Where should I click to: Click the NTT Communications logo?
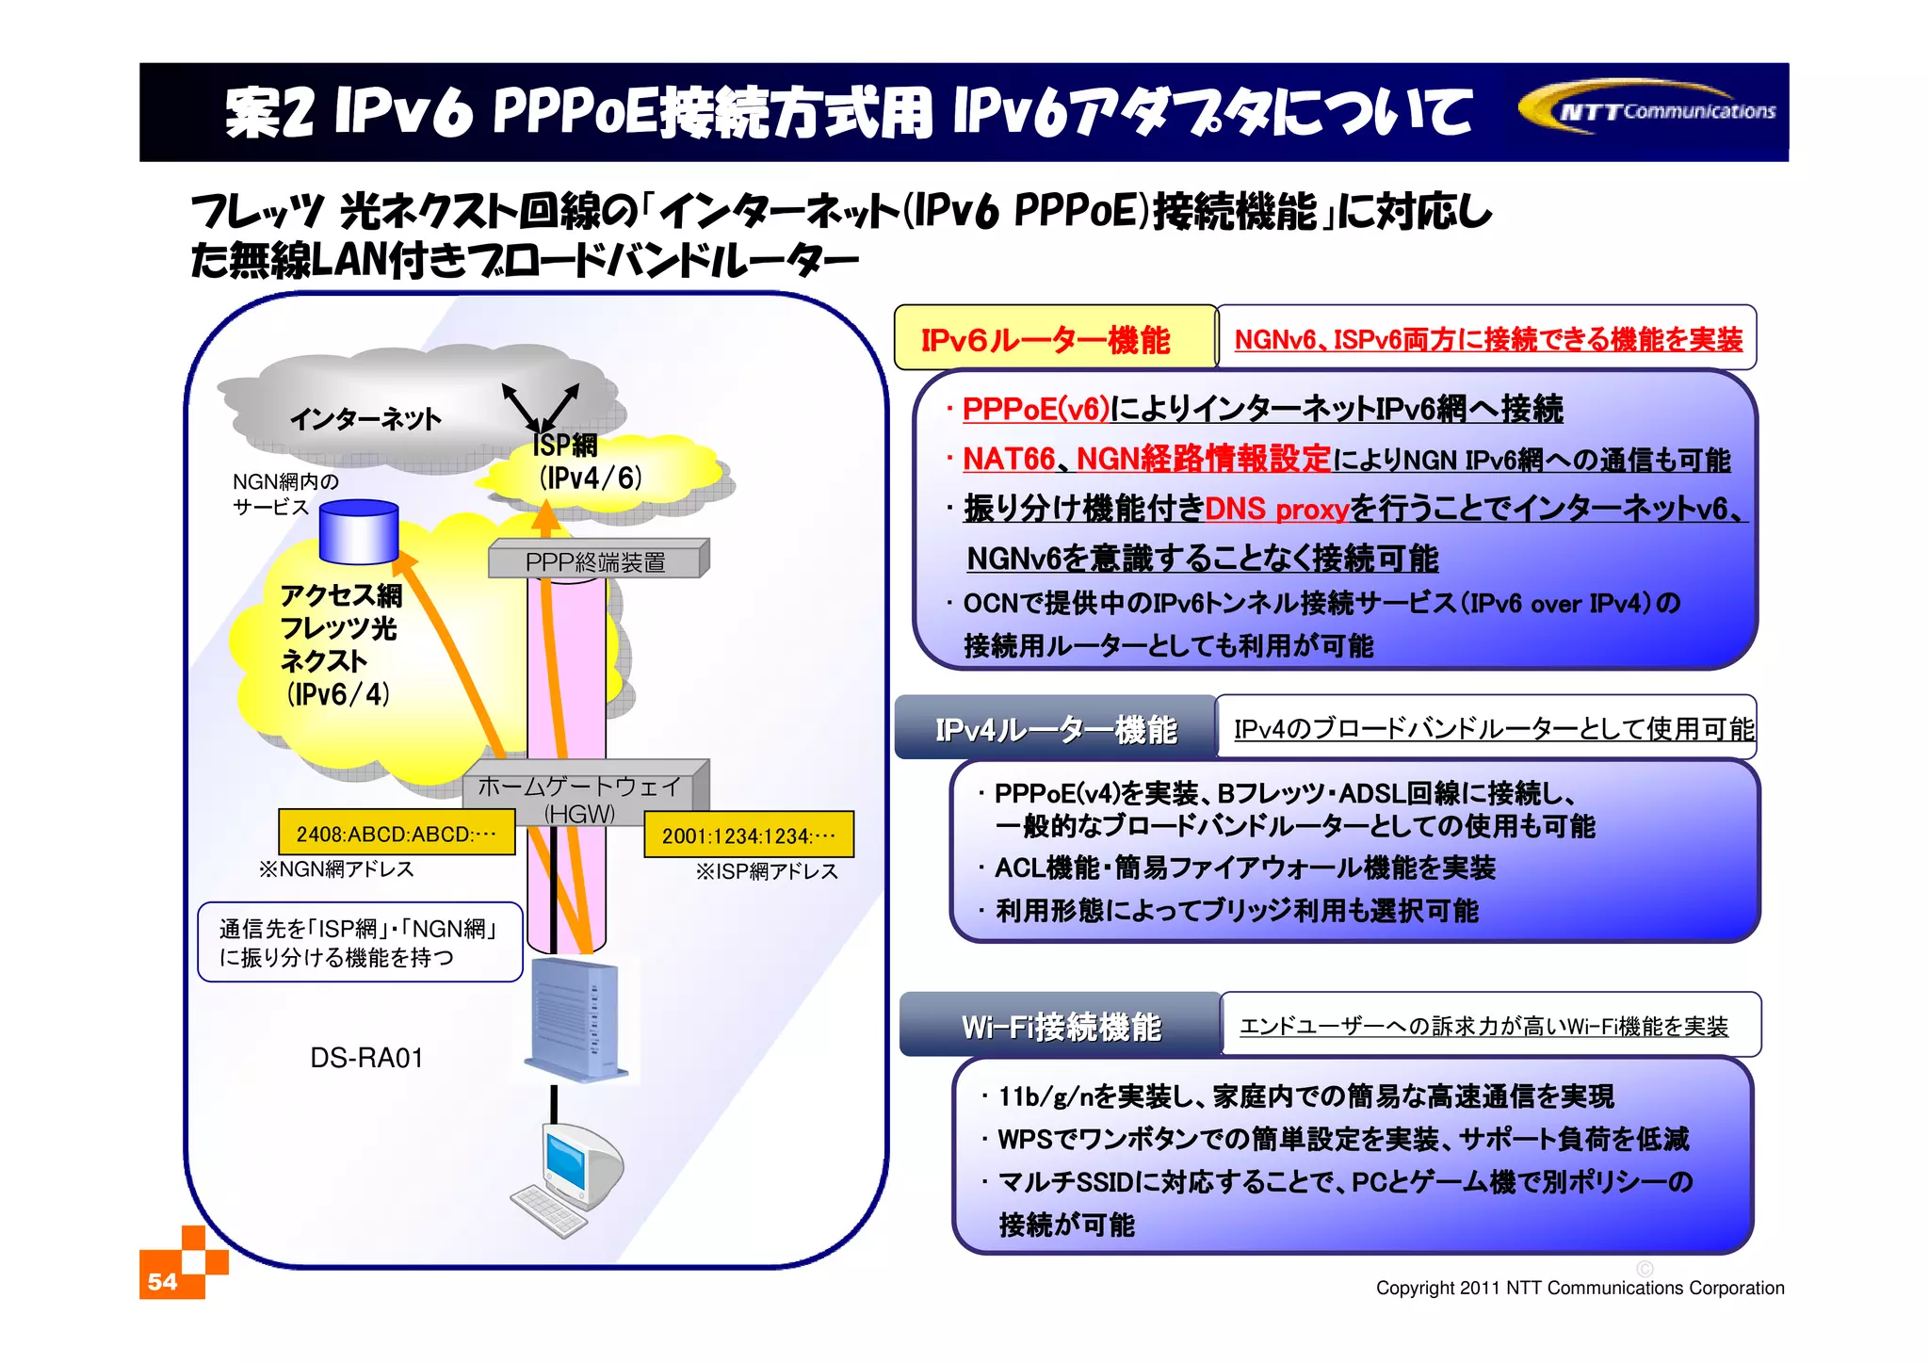point(1648,110)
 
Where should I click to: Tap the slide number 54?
point(163,1281)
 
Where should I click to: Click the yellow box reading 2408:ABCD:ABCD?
point(397,833)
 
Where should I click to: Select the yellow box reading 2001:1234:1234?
point(749,835)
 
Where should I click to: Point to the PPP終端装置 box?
point(596,561)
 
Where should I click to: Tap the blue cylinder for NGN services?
point(359,533)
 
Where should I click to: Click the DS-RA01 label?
point(366,1058)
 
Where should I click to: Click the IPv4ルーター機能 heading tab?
point(1055,729)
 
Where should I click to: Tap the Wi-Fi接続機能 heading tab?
point(1061,1026)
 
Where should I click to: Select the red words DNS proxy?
point(1276,509)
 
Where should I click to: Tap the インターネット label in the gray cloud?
point(365,418)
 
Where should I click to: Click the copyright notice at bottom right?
point(1580,1288)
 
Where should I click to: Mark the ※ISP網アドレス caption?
point(767,872)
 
